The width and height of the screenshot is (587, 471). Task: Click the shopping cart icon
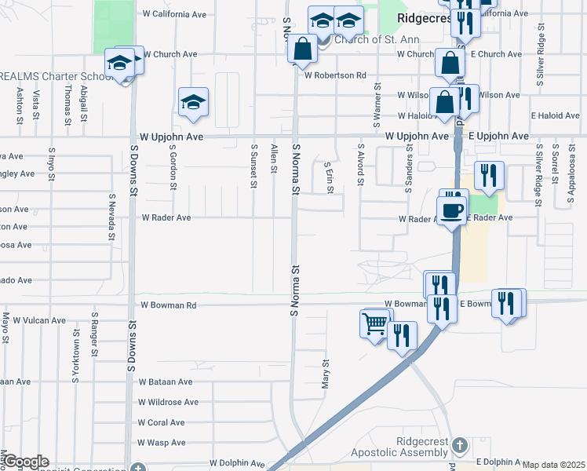coord(374,323)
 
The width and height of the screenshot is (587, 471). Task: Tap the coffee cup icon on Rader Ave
coord(452,210)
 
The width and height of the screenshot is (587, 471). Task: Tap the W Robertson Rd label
coord(336,76)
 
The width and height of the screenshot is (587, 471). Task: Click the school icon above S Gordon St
coord(193,103)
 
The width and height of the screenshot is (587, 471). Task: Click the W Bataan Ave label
coord(166,382)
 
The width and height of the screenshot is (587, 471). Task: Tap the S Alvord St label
coord(360,165)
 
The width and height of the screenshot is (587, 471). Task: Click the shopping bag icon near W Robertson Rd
coord(302,49)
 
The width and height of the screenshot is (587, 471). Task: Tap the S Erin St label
coord(329,177)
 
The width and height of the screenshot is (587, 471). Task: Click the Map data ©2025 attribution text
coord(554,465)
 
